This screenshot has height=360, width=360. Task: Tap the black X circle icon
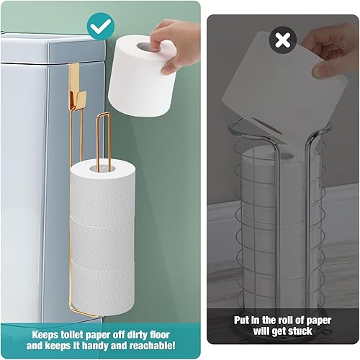pyautogui.click(x=283, y=40)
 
